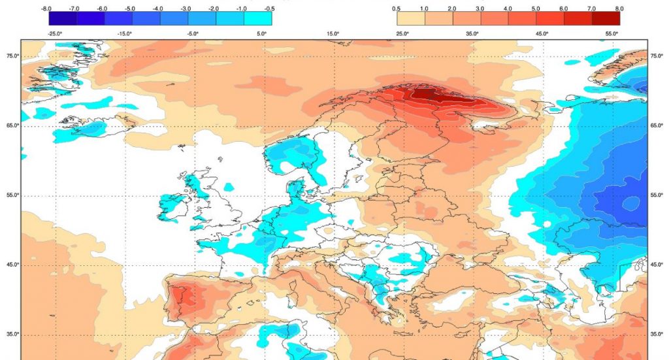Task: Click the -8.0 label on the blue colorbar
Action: (46, 8)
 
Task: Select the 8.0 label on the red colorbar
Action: (619, 8)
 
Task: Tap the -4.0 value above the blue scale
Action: (158, 8)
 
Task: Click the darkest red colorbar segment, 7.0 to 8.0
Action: (605, 19)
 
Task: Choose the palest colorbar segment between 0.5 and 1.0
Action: (410, 19)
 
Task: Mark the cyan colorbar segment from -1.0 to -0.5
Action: (257, 19)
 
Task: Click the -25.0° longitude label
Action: (55, 33)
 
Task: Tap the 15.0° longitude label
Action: (333, 33)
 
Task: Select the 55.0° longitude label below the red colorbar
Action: (612, 33)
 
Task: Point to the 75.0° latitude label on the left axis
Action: (12, 56)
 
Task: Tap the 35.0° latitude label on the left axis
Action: (12, 335)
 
